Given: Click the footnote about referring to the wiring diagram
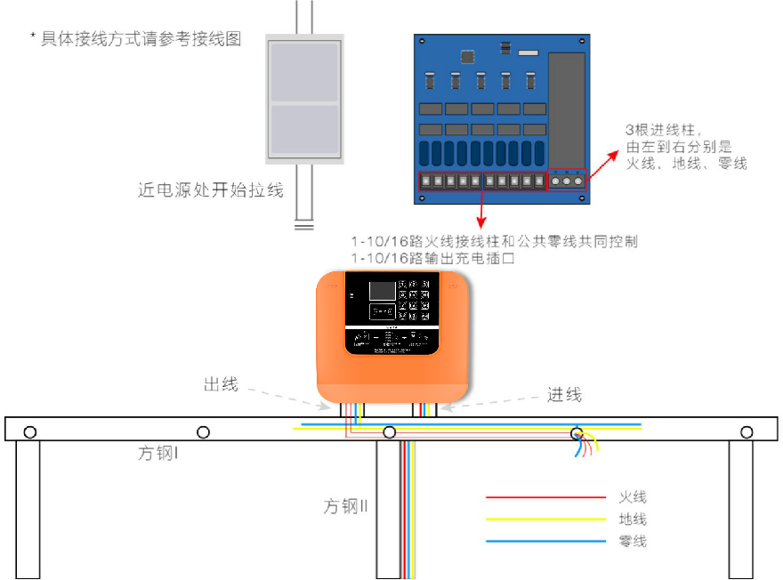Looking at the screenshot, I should click(x=135, y=39).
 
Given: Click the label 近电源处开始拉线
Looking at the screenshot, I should click(x=211, y=189).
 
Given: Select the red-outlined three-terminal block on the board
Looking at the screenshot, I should click(x=567, y=180).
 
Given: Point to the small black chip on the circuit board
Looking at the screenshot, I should click(x=467, y=56).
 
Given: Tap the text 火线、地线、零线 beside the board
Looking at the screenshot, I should click(x=686, y=164).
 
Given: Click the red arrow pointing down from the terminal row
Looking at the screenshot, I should click(x=481, y=212).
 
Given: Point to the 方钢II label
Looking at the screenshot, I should click(x=345, y=507).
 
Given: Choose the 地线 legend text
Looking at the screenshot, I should click(x=632, y=520).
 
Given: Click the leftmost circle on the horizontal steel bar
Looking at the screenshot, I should click(x=30, y=432).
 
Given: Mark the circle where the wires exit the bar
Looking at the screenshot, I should click(x=577, y=433).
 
